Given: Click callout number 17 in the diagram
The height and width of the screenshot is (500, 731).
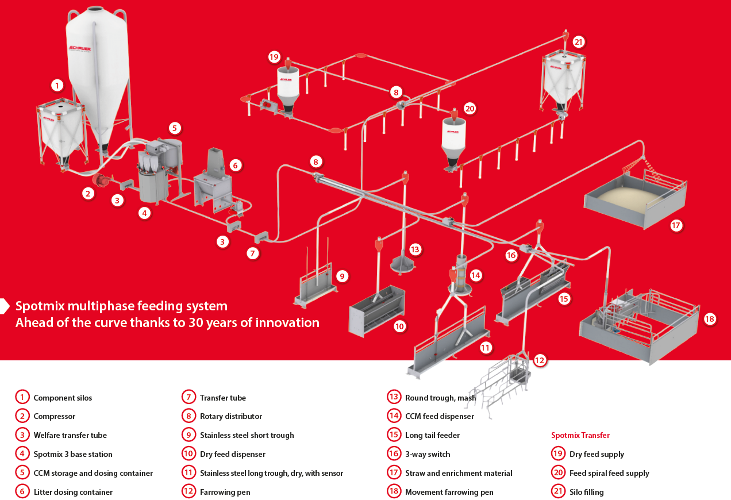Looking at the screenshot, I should (x=676, y=225).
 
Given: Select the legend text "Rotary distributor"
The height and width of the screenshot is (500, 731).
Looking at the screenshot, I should (x=230, y=416).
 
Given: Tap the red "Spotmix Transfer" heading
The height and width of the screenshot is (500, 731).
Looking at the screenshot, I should (x=580, y=435).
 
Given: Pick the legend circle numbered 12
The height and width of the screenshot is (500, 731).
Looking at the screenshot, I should (x=188, y=492).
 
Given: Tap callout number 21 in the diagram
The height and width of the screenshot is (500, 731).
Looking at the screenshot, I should (x=579, y=42).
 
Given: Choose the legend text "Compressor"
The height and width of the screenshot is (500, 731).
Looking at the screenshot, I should (x=54, y=416).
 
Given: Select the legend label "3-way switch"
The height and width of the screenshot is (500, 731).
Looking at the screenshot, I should (x=428, y=454).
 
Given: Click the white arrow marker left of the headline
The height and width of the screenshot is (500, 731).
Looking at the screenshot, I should (x=5, y=306).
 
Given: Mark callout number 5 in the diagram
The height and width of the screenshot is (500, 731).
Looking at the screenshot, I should (x=175, y=128).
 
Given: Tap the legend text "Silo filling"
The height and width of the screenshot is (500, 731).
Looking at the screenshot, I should (x=586, y=492).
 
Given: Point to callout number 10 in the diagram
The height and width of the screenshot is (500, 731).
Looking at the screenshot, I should (x=399, y=326).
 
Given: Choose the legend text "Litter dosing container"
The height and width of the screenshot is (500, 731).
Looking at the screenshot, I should (x=73, y=492).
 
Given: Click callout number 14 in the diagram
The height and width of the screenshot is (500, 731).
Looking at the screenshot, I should (x=475, y=275).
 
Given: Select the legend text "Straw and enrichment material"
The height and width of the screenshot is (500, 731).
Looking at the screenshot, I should (x=459, y=473).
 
